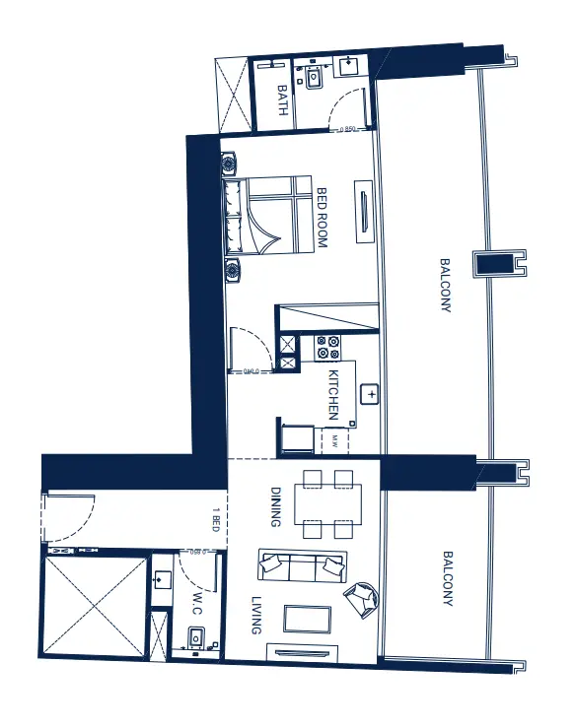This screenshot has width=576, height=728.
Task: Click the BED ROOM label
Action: click(322, 218)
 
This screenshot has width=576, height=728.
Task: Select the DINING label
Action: click(277, 503)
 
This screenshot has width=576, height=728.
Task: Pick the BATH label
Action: click(282, 100)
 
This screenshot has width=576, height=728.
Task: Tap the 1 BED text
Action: click(215, 517)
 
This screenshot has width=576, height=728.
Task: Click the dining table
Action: click(329, 503)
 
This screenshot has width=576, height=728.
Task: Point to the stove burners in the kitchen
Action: click(327, 349)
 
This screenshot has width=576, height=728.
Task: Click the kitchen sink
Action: click(371, 394)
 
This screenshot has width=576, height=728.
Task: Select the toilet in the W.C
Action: click(196, 636)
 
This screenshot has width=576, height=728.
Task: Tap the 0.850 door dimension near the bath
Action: click(345, 128)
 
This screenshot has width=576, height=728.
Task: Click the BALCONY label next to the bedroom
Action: click(445, 286)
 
